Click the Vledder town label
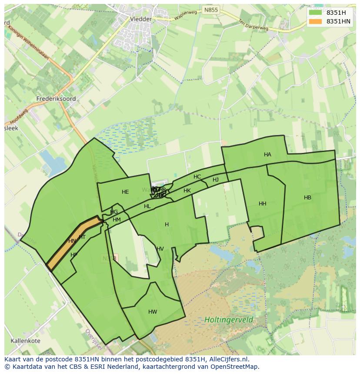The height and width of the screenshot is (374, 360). (x=141, y=19)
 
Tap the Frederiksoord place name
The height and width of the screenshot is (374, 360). (x=57, y=99)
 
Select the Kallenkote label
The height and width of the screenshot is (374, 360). (x=26, y=341)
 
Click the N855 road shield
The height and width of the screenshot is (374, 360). (x=212, y=10)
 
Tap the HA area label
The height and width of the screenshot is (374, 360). (x=267, y=155)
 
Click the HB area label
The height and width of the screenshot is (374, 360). (x=307, y=198)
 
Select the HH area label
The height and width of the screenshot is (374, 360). (x=262, y=204)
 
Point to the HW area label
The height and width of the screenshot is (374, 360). (x=153, y=312)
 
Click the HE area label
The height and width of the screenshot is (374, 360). (x=125, y=192)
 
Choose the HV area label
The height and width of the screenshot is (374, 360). (x=160, y=249)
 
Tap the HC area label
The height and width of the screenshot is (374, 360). (x=197, y=177)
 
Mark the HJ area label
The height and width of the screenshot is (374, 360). (x=216, y=180)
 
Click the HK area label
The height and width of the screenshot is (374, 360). (x=187, y=191)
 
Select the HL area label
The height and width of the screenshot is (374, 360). (x=147, y=206)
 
